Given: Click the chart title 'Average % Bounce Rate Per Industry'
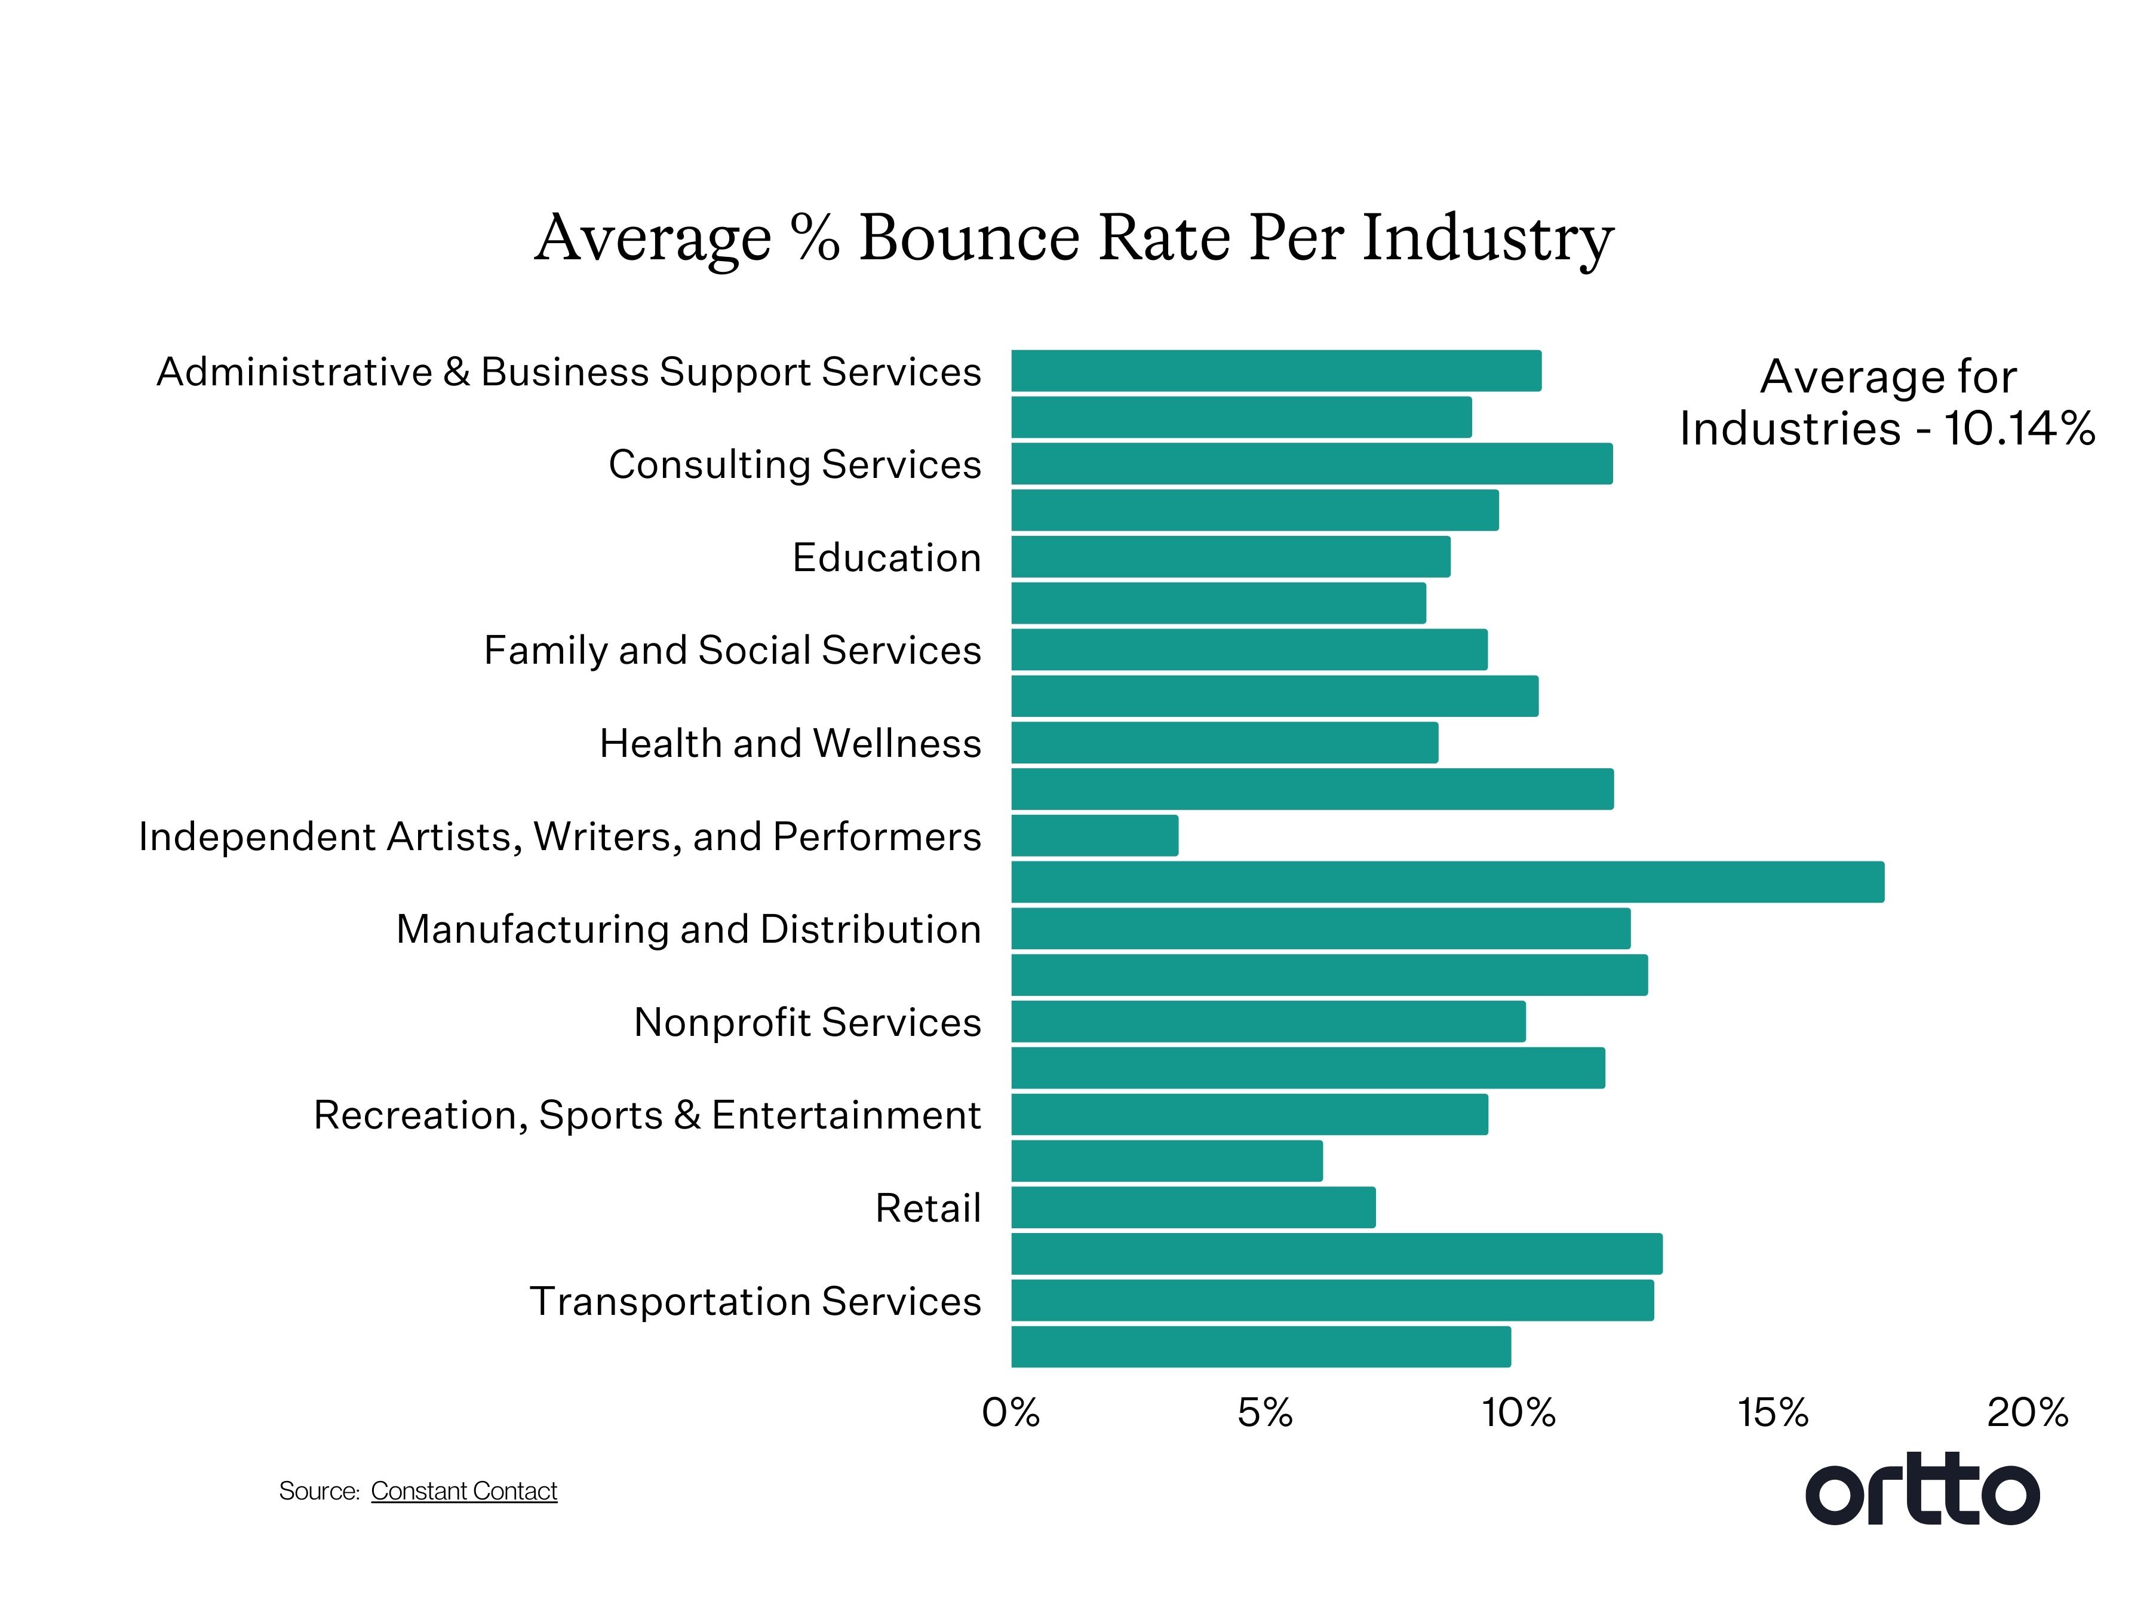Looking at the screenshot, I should (x=1073, y=238).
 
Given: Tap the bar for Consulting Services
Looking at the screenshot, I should (x=1311, y=464).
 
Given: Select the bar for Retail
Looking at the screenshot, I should (x=1193, y=1207).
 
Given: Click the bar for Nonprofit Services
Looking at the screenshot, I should (x=1267, y=1022).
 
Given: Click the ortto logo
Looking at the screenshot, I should (x=1922, y=1491).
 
